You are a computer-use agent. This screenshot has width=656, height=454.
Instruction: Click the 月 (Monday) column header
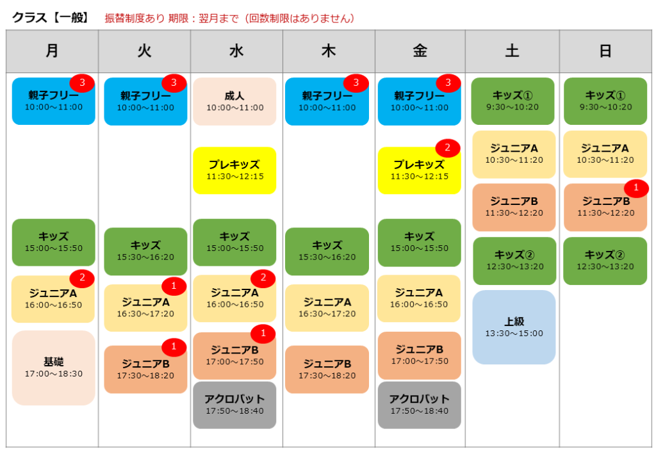pos(53,51)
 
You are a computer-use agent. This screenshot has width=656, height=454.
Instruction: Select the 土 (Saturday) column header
pos(512,51)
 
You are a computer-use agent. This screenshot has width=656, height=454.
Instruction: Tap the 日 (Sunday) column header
pos(605,51)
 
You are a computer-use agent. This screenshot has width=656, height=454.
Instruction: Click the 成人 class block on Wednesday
pos(234,102)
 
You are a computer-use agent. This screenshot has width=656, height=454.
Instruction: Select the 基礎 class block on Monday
pos(54,368)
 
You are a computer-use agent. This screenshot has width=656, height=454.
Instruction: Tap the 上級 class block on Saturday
pos(514,327)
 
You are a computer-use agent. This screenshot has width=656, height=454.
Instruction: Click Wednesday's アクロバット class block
pos(234,405)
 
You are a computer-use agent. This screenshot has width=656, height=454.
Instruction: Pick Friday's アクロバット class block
pos(419,405)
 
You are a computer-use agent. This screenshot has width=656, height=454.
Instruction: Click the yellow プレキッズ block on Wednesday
pos(234,170)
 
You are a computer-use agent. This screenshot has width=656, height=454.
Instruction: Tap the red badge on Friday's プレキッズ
pos(448,147)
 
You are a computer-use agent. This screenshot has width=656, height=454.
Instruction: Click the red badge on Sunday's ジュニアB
pos(636,187)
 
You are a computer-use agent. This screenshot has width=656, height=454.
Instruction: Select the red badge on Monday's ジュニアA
pos(82,277)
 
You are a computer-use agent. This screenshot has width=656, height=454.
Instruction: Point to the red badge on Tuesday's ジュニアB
pos(174,346)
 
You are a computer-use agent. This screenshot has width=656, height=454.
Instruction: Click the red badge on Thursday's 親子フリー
pos(356,83)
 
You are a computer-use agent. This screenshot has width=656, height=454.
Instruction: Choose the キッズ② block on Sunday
pos(605,261)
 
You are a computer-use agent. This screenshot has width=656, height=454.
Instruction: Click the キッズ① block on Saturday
pos(512,101)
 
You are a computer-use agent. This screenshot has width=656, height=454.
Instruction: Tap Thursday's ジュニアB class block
pos(327,369)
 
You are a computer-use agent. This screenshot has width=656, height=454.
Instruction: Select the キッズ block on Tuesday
pos(145,251)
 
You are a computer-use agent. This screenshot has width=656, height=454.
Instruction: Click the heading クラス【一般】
pos(51,18)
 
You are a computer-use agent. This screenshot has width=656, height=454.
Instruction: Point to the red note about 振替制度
pos(230,19)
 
